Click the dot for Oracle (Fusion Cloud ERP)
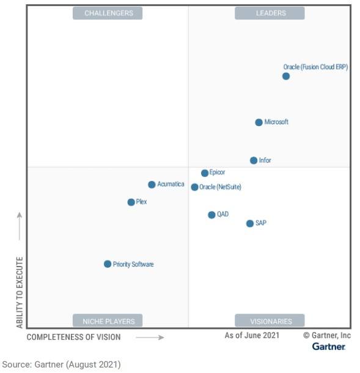coord(285,76)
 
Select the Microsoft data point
coord(259,122)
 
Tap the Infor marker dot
coord(254,161)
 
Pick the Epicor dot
coord(205,173)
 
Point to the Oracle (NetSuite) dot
coord(194,187)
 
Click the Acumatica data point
coord(152,185)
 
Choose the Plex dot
coord(131,202)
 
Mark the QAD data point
coord(211,215)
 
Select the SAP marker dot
coord(249,224)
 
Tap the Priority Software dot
coord(108,264)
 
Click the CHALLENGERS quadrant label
coord(108,13)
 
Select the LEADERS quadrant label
coord(270,13)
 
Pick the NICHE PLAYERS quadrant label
coord(108,321)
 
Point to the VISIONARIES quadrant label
coord(270,321)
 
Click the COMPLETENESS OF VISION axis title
coord(74,337)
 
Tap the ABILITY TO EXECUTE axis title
coord(20,292)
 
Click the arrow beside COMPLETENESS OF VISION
coord(150,337)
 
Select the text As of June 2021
coord(252,335)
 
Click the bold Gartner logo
coord(329,347)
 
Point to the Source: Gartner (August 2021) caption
coord(62,364)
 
